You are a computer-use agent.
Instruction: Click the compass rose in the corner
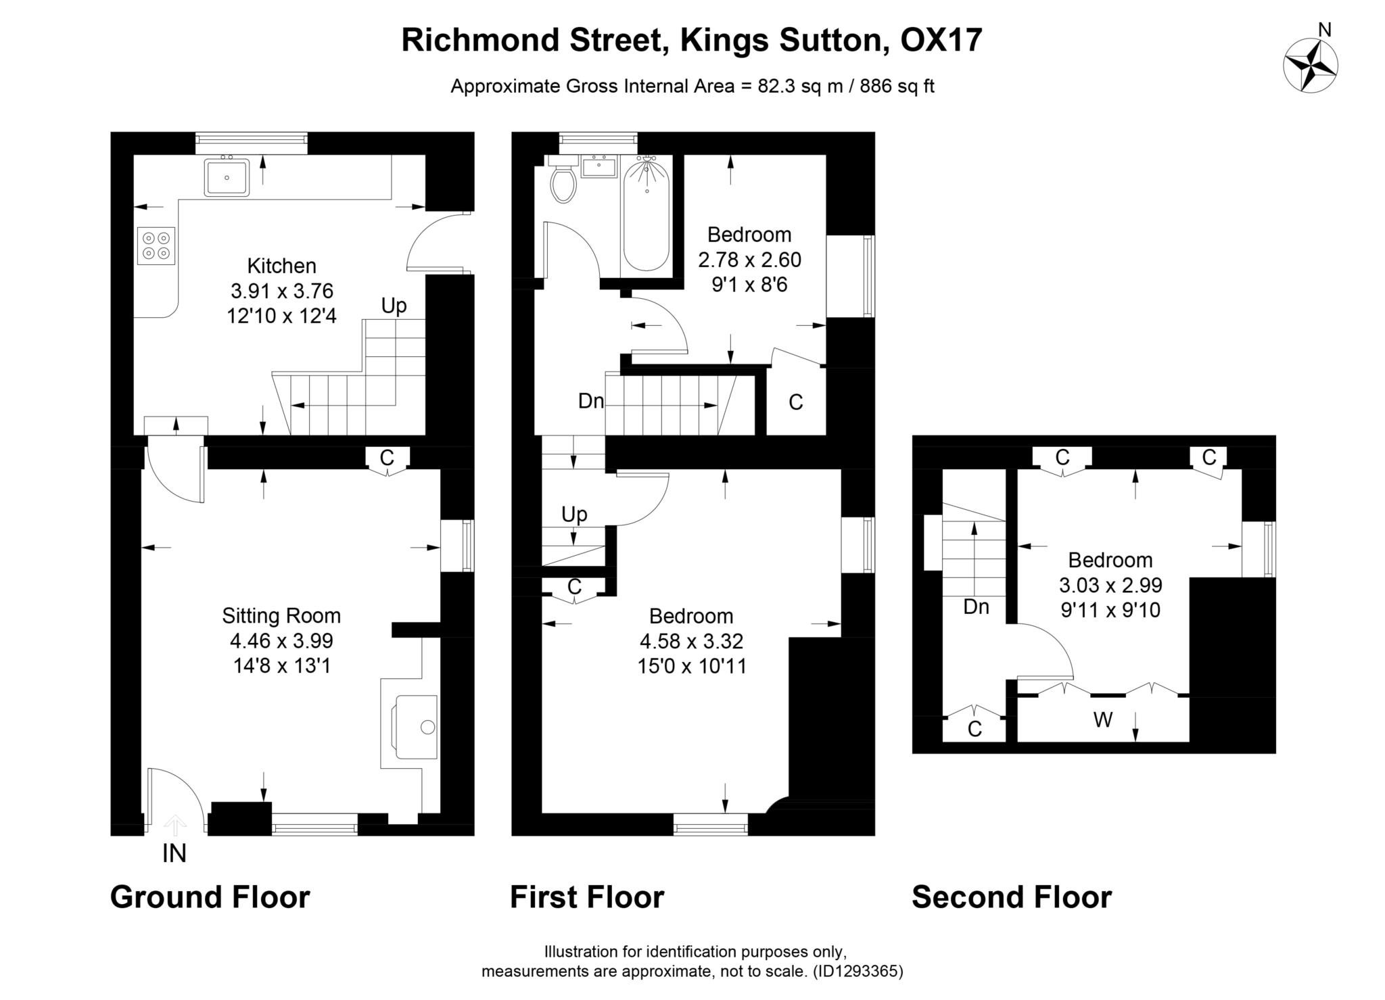[x=1310, y=66]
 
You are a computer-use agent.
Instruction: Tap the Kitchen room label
[x=281, y=266]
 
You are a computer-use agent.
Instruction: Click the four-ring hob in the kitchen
[x=156, y=245]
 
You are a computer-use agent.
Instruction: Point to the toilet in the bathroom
[x=563, y=181]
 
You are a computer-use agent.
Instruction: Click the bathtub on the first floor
[x=646, y=213]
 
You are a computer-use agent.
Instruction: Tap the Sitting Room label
[x=281, y=616]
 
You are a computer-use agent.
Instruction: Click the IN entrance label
[x=174, y=854]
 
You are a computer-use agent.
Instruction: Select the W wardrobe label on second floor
[x=1102, y=721]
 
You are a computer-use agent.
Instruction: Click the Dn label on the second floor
[x=976, y=607]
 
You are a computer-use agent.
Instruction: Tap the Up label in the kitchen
[x=394, y=306]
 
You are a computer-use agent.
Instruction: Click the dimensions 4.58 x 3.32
[x=691, y=641]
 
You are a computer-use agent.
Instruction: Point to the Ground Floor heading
[x=210, y=897]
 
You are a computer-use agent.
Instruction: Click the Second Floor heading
[x=1011, y=897]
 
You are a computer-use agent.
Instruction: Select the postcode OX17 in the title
[x=941, y=40]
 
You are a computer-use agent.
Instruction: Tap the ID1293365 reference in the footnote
[x=858, y=972]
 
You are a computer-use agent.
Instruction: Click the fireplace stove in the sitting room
[x=416, y=727]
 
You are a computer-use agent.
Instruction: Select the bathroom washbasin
[x=599, y=166]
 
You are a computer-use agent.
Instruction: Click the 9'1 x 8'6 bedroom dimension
[x=749, y=285]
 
